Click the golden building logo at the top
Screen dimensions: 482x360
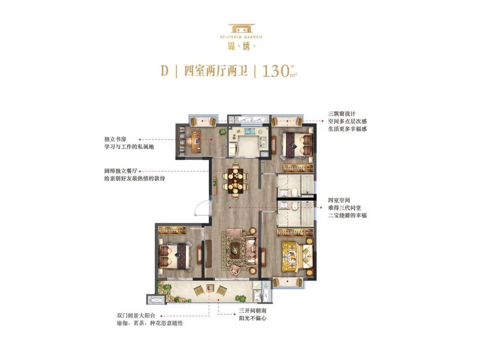point(241,29)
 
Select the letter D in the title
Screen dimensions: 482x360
point(164,71)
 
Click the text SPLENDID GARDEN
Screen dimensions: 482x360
point(241,37)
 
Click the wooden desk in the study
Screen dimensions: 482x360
point(195,142)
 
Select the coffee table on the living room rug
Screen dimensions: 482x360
point(236,248)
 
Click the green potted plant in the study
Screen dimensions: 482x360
point(222,132)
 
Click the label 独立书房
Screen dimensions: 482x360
point(115,139)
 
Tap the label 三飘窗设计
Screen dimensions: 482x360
point(342,114)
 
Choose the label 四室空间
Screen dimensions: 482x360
point(339,200)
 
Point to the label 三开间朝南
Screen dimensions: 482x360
point(253,311)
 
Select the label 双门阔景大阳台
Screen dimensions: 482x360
point(136,316)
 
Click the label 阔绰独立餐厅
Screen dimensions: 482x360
point(120,171)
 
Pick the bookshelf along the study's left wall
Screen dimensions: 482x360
point(181,141)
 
